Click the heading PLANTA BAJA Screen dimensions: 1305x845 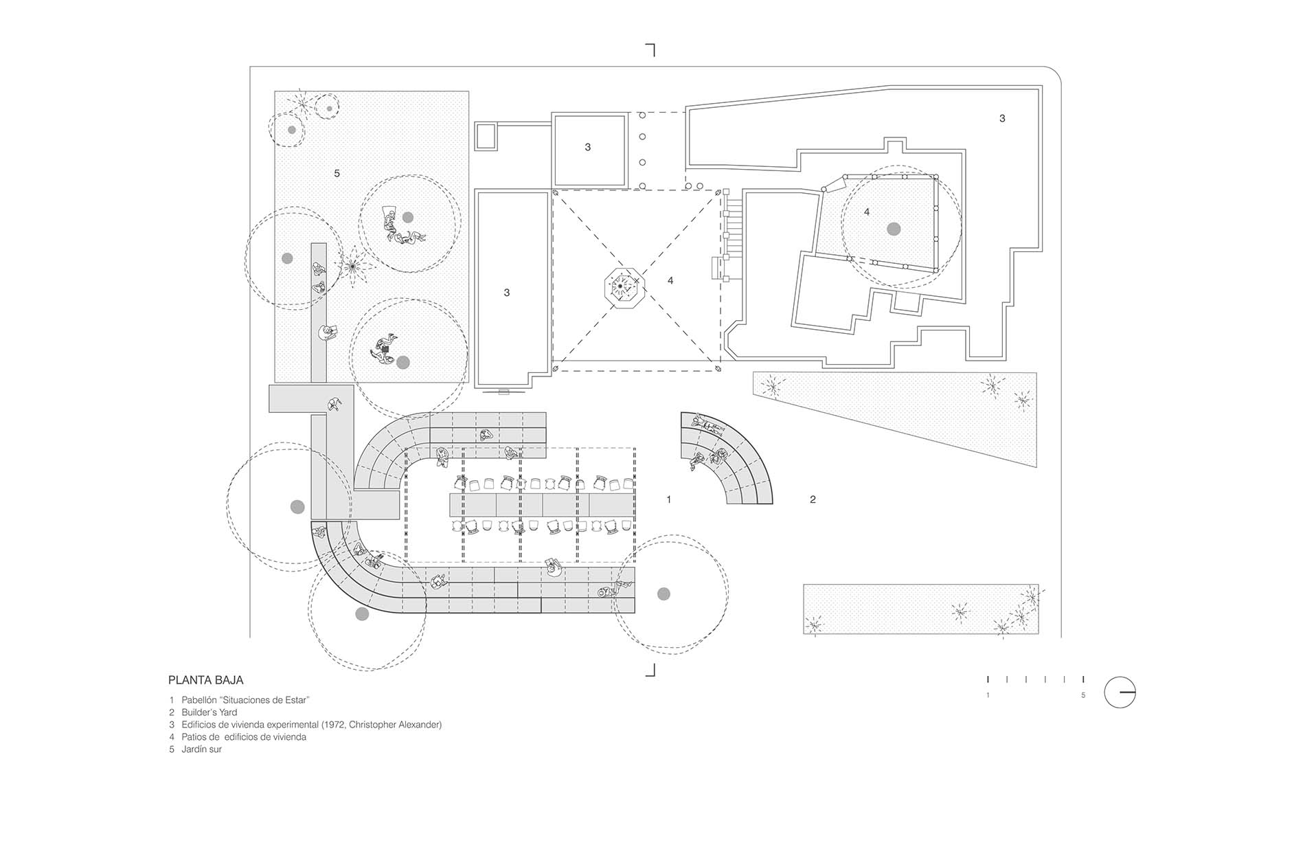(x=206, y=680)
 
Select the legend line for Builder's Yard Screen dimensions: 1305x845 (x=203, y=712)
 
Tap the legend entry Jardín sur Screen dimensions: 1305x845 (x=196, y=750)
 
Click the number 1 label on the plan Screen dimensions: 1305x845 (x=669, y=499)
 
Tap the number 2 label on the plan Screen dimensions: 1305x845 (x=813, y=499)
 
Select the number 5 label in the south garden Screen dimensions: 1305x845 (x=337, y=173)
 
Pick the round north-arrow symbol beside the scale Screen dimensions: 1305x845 (x=1120, y=692)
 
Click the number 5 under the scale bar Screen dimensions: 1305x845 (x=1083, y=695)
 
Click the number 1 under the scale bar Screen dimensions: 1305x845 (x=988, y=695)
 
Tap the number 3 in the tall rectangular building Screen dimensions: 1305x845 (x=507, y=293)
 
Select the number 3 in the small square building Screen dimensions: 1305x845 (x=587, y=147)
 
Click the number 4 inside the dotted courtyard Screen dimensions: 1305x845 (x=867, y=212)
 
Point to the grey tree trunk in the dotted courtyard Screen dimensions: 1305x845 (x=894, y=229)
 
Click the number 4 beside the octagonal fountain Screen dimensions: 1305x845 (x=670, y=280)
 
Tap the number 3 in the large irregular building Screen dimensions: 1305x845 (x=1002, y=118)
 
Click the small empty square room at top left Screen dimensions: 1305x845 (x=486, y=136)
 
